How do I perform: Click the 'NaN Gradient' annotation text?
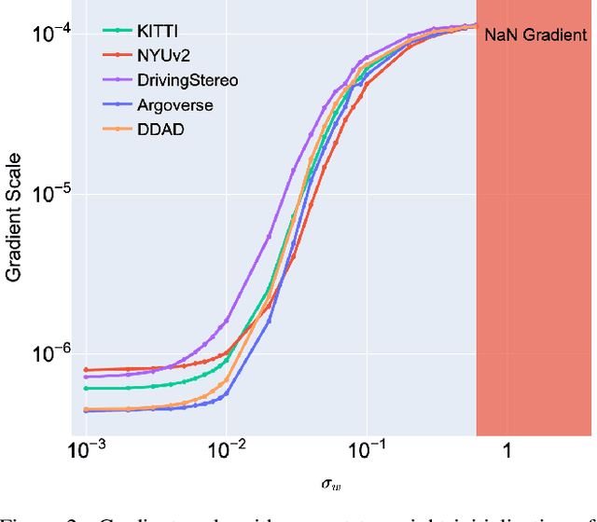[535, 35]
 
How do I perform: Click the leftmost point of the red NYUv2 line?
[86, 370]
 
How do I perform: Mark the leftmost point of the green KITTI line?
[86, 388]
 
